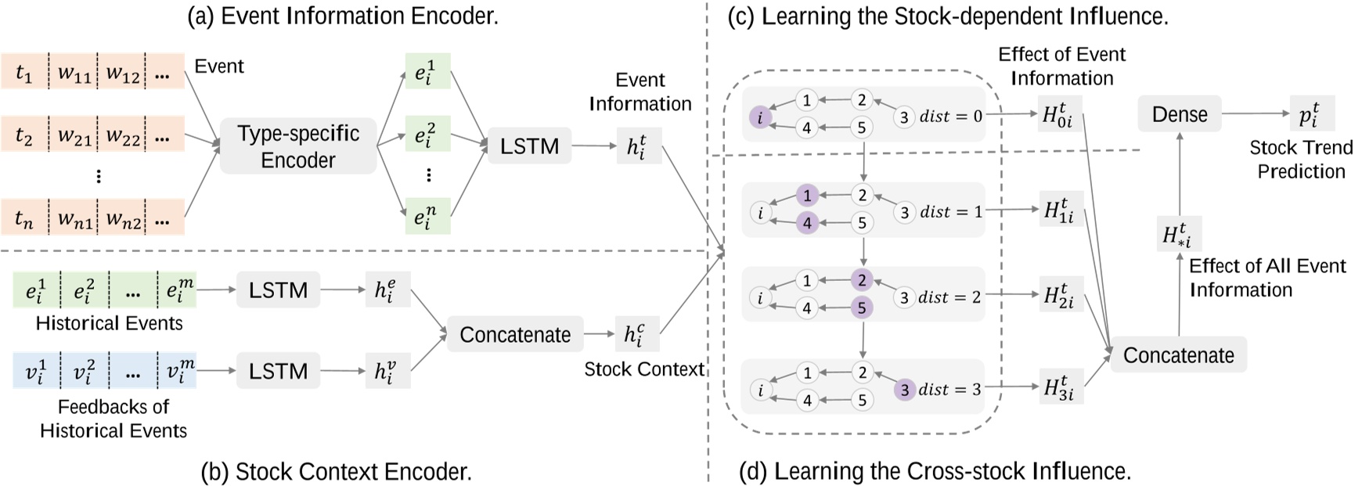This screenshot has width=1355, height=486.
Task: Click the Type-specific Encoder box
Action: tap(297, 146)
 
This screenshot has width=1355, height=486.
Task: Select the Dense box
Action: tap(1179, 114)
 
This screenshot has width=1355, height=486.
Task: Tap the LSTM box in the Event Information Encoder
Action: tap(529, 146)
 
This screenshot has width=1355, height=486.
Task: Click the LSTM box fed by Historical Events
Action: tap(278, 290)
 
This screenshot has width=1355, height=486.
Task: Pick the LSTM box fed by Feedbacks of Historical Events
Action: tap(278, 371)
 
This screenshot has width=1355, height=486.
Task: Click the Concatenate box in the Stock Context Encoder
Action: tap(515, 335)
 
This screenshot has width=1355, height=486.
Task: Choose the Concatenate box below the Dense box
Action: tap(1178, 355)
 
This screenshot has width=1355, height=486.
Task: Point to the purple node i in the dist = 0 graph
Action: tap(759, 118)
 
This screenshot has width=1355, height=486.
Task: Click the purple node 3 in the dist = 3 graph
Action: tap(904, 390)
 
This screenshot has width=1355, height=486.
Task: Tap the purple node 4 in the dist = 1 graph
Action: tap(807, 223)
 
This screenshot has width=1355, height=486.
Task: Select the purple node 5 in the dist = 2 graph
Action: tap(862, 308)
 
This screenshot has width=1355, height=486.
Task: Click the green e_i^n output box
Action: tap(427, 215)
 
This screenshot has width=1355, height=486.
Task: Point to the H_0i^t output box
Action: tap(1061, 114)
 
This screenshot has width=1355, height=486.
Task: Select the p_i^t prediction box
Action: tap(1310, 114)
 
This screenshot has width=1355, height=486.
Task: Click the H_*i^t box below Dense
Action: tap(1178, 234)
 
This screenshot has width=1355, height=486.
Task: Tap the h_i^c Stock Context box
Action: tap(636, 334)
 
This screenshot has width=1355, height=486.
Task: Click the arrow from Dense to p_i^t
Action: tap(1255, 114)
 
